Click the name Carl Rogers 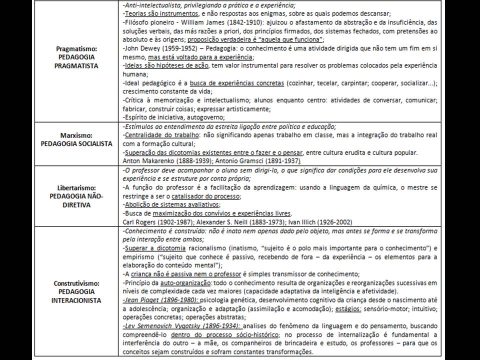pyautogui.click(x=139, y=221)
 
